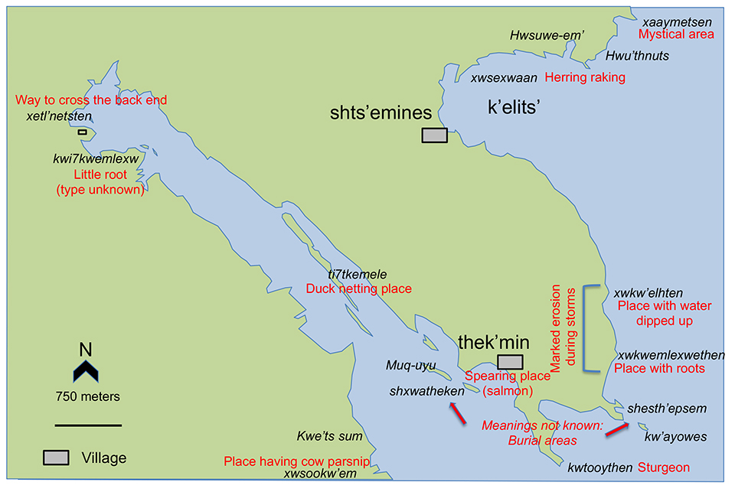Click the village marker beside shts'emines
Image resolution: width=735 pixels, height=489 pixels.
[x=434, y=135]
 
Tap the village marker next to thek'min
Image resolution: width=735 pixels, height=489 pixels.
[x=510, y=362]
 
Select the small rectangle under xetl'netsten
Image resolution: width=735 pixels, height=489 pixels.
[x=82, y=132]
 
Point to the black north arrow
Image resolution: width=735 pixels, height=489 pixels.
[x=86, y=372]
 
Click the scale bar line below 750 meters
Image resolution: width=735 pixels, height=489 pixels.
[x=88, y=424]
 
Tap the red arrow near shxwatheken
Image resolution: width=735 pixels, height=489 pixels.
[x=456, y=413]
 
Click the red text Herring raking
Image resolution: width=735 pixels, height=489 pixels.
[x=585, y=77]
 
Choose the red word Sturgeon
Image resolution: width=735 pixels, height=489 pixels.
[x=665, y=467]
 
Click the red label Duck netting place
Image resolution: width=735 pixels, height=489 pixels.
[x=359, y=289]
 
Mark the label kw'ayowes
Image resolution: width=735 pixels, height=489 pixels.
[x=675, y=437]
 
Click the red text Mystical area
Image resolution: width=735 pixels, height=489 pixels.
[x=676, y=34]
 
